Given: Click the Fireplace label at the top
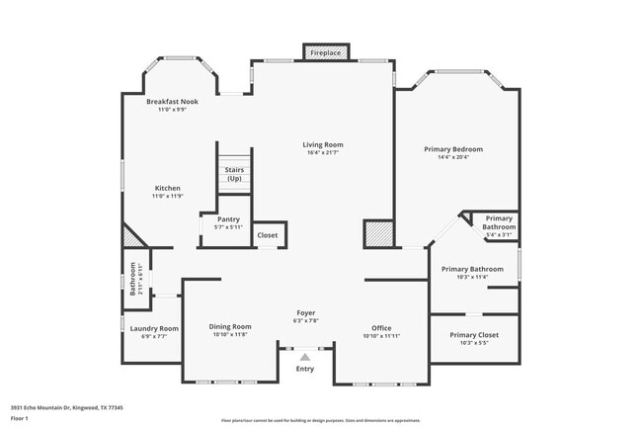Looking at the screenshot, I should click(326, 51).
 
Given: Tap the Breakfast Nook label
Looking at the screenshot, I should click(172, 102).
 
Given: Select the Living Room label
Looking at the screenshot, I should click(323, 145).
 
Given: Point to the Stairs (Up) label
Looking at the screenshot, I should click(234, 174).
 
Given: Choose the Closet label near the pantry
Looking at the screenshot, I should click(267, 235).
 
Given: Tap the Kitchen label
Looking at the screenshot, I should click(167, 188).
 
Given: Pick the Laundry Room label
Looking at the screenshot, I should click(154, 328).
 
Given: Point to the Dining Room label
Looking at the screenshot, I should click(229, 326).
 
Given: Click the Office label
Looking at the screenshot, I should click(381, 328).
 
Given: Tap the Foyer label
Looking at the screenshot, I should click(306, 312).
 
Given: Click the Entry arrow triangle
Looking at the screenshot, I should click(305, 356).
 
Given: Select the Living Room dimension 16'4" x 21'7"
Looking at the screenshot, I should click(323, 153).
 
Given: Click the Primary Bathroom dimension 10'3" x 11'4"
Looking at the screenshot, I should click(472, 277).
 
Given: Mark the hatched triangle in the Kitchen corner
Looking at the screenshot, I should click(129, 237).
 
